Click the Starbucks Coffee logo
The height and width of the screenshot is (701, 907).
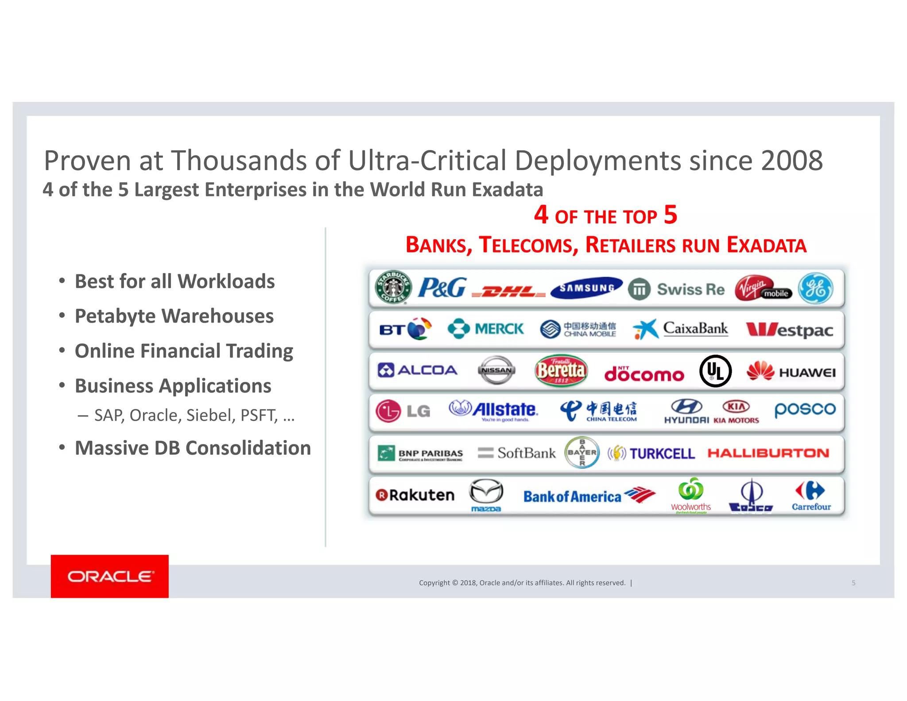click(393, 287)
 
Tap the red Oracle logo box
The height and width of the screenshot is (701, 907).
click(109, 576)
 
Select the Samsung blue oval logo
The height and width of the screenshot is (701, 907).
click(586, 288)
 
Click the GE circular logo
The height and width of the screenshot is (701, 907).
click(815, 288)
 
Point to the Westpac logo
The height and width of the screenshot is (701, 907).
click(789, 330)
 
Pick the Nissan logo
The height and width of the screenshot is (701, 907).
click(496, 370)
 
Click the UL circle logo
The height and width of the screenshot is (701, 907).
click(715, 371)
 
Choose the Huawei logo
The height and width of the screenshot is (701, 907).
click(791, 372)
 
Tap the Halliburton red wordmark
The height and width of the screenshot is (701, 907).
click(768, 453)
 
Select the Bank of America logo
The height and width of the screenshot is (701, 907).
click(589, 496)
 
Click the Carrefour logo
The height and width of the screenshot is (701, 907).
click(811, 496)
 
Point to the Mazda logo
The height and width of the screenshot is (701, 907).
click(486, 495)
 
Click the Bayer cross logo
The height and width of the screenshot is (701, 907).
click(582, 452)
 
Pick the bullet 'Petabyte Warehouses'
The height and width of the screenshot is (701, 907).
click(174, 316)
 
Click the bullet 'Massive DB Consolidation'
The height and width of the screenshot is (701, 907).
click(193, 448)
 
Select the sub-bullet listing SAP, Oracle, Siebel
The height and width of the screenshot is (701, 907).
click(194, 416)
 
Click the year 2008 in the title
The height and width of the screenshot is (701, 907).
click(791, 160)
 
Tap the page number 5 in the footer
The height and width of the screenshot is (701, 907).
click(853, 583)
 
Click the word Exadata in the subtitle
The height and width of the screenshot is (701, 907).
click(507, 190)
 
